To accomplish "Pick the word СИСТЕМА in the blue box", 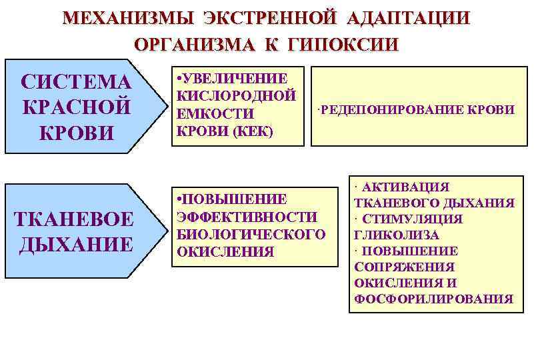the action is pos(77,82).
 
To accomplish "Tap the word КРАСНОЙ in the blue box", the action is pos(77,107).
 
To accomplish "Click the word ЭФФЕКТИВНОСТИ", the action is pos(246,217).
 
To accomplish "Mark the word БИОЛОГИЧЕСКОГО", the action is pos(250,234).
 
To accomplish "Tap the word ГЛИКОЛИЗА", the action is pos(397,235).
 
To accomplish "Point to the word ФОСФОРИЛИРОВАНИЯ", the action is pos(433,299).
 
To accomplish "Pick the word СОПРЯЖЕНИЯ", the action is pos(399,267).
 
